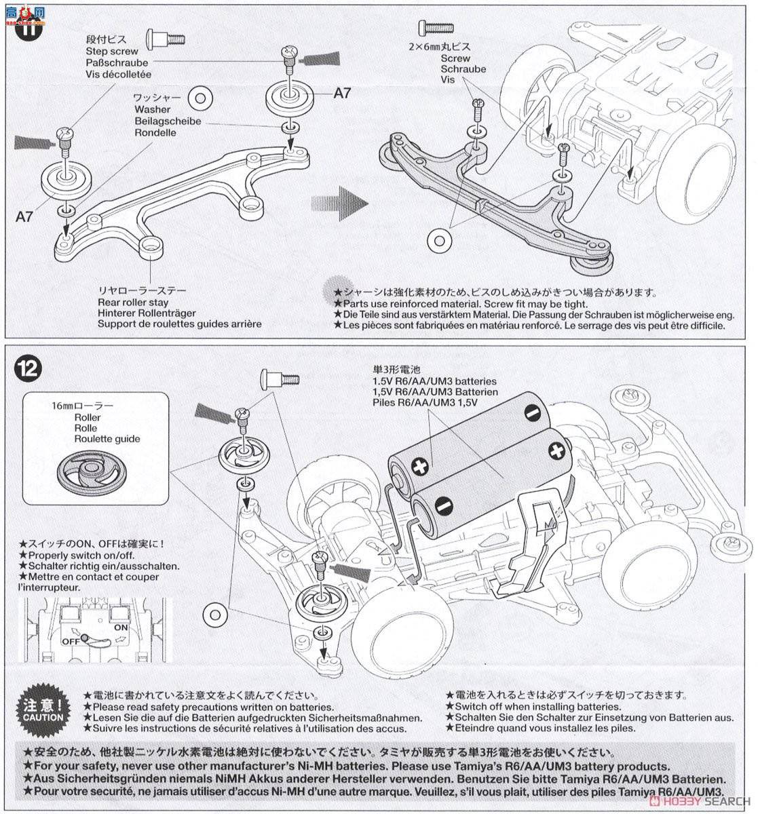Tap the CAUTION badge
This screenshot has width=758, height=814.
(x=43, y=708)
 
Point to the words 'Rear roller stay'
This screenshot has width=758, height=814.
(x=133, y=302)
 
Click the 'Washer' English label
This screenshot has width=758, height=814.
(x=152, y=109)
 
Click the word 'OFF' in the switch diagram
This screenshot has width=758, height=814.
(x=71, y=640)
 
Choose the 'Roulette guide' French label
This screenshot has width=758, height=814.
(x=107, y=439)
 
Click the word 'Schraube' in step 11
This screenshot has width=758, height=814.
(x=463, y=69)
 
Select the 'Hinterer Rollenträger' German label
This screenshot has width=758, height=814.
(x=147, y=313)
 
